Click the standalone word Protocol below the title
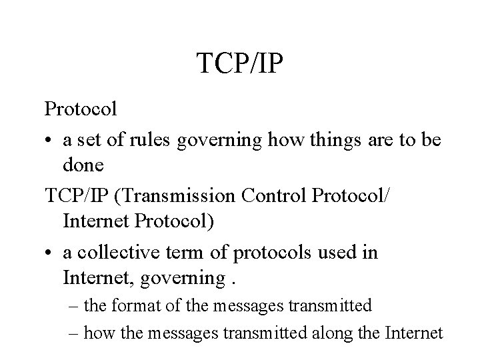[x=81, y=107]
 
